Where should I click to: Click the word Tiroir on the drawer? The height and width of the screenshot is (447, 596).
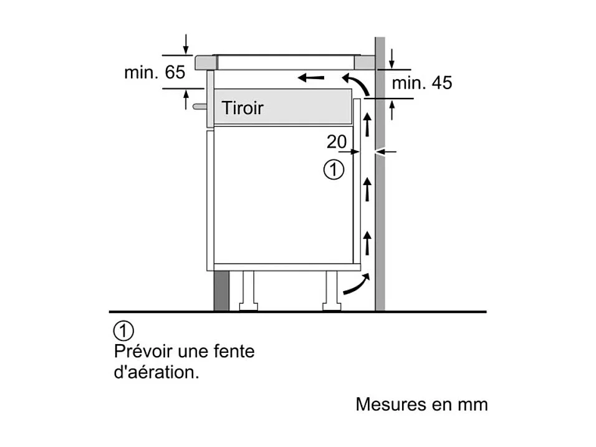[x=243, y=108]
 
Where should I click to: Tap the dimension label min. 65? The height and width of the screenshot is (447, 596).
[x=155, y=72]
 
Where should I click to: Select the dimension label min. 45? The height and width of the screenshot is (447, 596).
[x=421, y=82]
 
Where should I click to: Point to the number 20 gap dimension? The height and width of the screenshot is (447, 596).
[x=337, y=142]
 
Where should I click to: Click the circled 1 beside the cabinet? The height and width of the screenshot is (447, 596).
[x=334, y=169]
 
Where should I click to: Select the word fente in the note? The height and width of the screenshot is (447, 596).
[x=234, y=351]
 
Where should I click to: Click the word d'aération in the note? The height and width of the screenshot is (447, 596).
[x=156, y=373]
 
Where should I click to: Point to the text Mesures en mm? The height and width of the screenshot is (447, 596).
[x=421, y=404]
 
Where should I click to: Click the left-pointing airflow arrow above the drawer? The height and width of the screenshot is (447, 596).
[x=310, y=78]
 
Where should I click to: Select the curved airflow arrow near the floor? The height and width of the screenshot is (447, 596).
[x=352, y=286]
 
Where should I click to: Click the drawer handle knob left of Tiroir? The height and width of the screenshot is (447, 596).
[x=199, y=107]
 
